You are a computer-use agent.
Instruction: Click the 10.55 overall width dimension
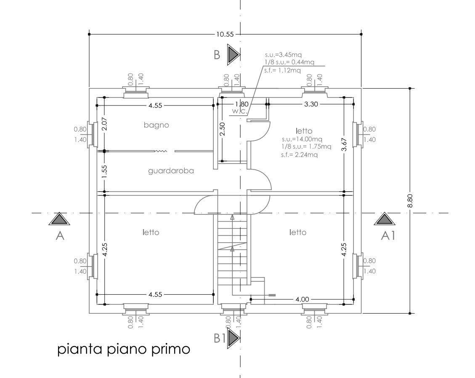(225, 34)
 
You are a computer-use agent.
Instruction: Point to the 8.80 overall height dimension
(410, 201)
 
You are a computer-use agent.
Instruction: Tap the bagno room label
(157, 125)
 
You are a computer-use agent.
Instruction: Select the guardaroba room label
(171, 171)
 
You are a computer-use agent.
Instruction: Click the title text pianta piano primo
(124, 349)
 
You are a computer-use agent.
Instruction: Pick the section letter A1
(388, 235)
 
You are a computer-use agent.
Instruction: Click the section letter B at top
(217, 55)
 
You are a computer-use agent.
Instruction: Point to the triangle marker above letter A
(59, 219)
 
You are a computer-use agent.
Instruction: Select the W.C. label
(240, 111)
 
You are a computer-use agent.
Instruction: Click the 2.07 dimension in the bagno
(104, 124)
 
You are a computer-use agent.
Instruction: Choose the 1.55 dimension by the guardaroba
(104, 171)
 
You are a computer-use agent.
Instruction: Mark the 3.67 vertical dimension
(344, 144)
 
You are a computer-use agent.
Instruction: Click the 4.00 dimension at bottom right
(303, 299)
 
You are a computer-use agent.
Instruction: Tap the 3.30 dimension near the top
(311, 104)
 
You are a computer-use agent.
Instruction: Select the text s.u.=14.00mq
(302, 139)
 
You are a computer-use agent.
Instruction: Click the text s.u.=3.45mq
(283, 55)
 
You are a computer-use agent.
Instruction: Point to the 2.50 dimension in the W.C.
(222, 129)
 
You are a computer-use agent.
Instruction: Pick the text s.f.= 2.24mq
(299, 155)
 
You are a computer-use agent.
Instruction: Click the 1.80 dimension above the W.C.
(242, 104)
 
